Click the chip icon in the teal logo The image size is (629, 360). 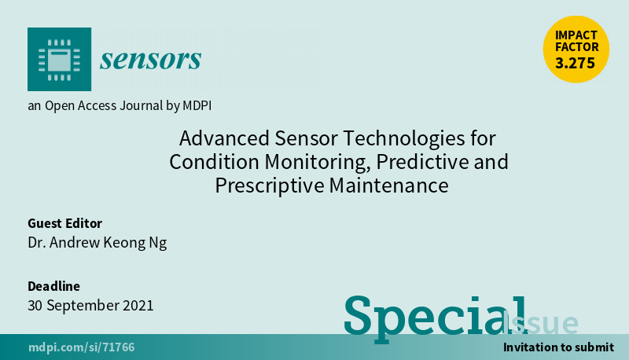[x=60, y=60]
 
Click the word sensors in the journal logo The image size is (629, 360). [x=150, y=60]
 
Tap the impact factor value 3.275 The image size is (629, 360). [x=576, y=63]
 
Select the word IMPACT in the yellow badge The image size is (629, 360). [x=576, y=35]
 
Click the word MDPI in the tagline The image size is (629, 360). [x=197, y=105]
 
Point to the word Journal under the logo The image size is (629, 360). [x=141, y=105]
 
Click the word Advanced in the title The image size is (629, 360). [x=224, y=138]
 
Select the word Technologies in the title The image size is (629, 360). [x=404, y=139]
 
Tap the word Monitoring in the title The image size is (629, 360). [x=318, y=163]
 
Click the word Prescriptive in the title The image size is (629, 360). [x=270, y=186]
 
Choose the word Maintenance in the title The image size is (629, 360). [x=388, y=186]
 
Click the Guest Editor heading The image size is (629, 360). [x=65, y=223]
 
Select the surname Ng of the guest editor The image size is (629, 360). [x=158, y=243]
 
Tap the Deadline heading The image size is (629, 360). [x=53, y=286]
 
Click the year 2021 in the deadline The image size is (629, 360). [x=138, y=306]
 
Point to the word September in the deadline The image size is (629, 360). [x=83, y=307]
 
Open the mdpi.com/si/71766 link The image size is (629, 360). [x=82, y=347]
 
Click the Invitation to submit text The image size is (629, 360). [x=558, y=347]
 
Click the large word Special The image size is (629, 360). [x=436, y=318]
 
